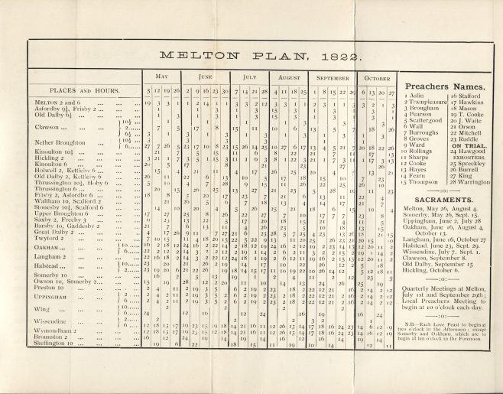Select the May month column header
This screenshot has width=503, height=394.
pyautogui.click(x=163, y=77)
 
